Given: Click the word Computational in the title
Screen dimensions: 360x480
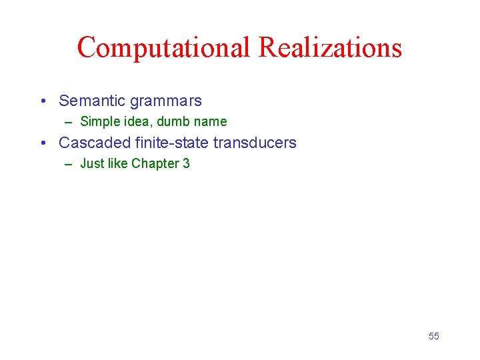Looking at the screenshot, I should click(163, 47).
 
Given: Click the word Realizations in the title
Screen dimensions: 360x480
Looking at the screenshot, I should click(330, 47).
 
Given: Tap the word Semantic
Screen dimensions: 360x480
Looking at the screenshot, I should click(92, 101).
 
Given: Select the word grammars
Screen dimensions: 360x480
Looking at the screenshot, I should click(166, 101).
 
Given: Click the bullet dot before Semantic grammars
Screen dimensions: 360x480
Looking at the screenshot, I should click(42, 101).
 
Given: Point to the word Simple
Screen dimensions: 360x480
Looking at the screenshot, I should click(97, 122).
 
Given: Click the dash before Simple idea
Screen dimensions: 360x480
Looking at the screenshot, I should click(69, 122).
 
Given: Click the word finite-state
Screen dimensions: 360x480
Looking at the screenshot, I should click(172, 143).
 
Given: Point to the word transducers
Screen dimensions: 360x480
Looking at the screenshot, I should click(255, 143).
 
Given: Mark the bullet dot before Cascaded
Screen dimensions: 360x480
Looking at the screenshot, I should click(42, 143).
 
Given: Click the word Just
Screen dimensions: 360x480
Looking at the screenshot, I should click(91, 163).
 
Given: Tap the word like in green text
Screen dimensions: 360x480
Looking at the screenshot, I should click(117, 163).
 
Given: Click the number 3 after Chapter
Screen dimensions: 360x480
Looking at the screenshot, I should click(186, 163).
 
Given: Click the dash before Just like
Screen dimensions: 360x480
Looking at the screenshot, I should click(69, 163).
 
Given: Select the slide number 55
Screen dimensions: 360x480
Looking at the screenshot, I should click(434, 336).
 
